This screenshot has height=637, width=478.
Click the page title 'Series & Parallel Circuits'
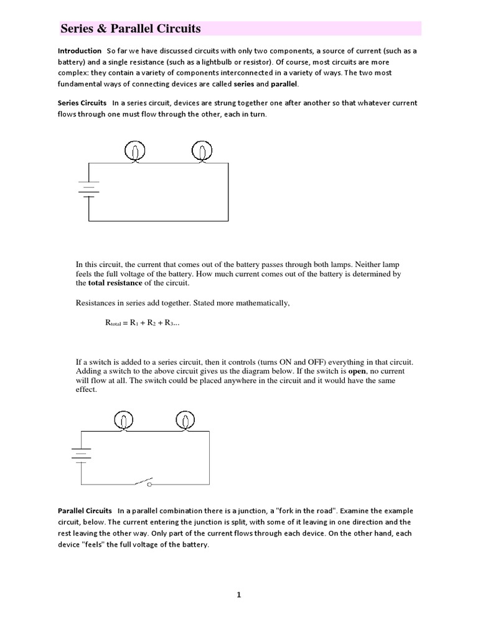(130, 29)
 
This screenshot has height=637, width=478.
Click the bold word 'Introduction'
(79, 50)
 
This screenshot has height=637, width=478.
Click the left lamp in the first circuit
(135, 152)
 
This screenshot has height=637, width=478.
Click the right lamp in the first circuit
(200, 152)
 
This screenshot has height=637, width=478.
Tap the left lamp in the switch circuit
(124, 421)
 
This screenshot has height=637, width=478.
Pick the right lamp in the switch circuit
(184, 421)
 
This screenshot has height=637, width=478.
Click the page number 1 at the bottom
(238, 595)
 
